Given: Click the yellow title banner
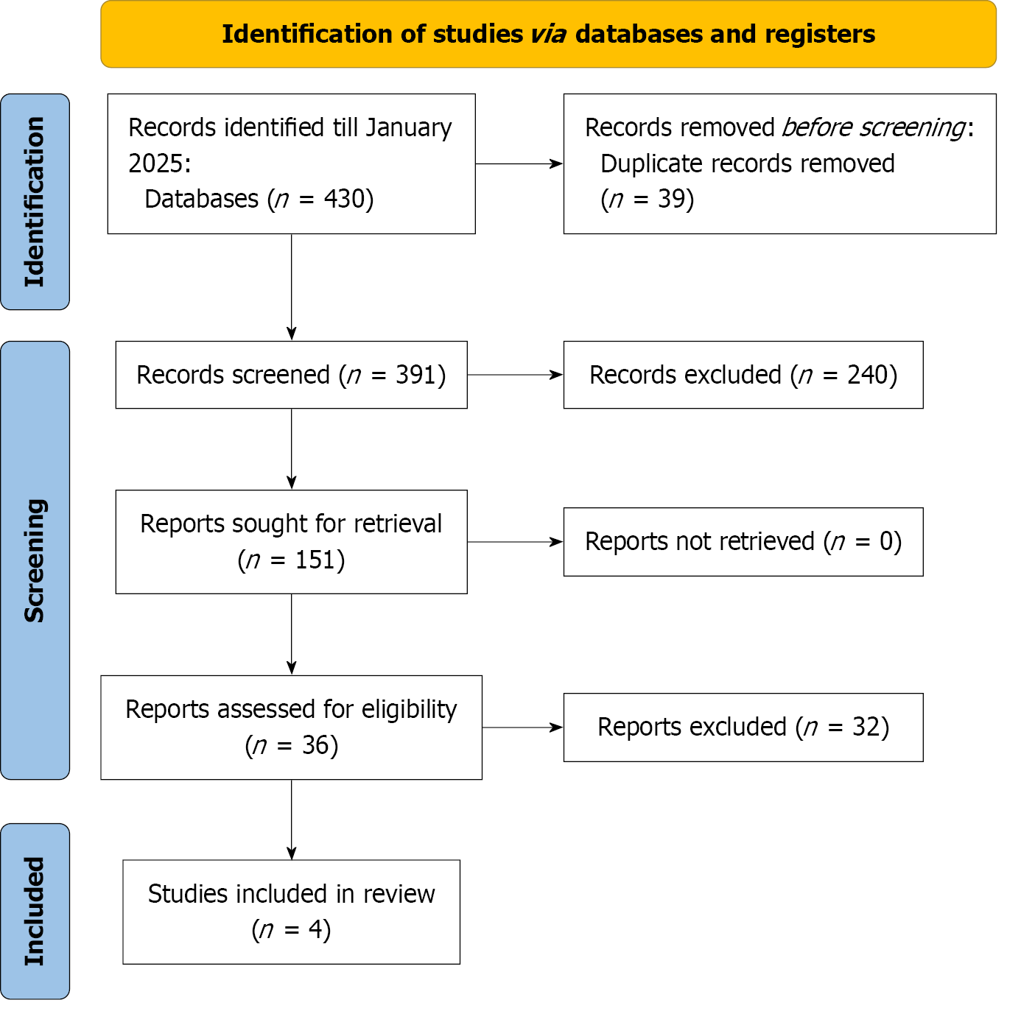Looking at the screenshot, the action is pyautogui.click(x=548, y=34).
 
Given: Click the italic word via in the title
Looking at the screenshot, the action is pyautogui.click(x=548, y=34).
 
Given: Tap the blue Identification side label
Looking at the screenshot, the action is pyautogui.click(x=35, y=202).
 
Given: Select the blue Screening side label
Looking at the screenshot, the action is pyautogui.click(x=35, y=560).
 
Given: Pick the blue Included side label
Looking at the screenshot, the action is pyautogui.click(x=35, y=912).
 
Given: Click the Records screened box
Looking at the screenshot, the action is pyautogui.click(x=292, y=375).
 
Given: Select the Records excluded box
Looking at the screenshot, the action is pyautogui.click(x=743, y=375).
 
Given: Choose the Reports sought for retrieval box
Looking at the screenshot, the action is pyautogui.click(x=292, y=541).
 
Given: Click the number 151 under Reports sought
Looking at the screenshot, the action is pyautogui.click(x=315, y=560).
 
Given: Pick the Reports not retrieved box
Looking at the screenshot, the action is pyautogui.click(x=743, y=541).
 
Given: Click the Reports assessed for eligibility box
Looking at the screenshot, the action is pyautogui.click(x=292, y=727).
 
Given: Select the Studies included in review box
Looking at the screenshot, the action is pyautogui.click(x=292, y=912).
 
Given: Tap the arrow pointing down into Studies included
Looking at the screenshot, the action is pyautogui.click(x=292, y=820).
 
